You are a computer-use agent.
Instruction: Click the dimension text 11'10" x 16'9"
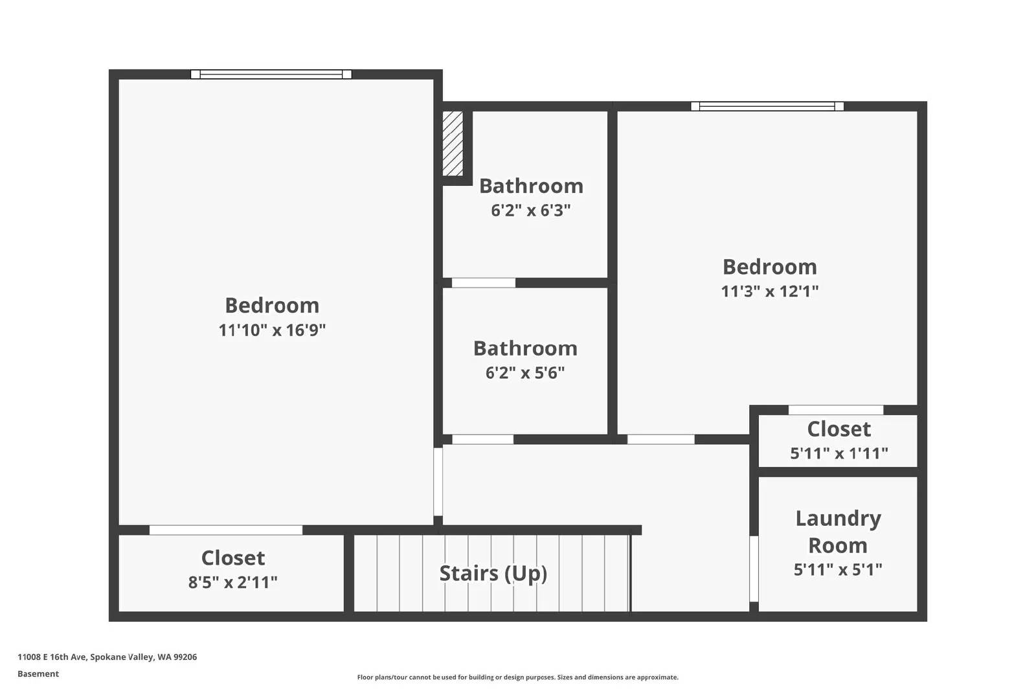(x=272, y=330)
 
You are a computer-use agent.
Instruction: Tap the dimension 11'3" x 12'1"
(x=770, y=291)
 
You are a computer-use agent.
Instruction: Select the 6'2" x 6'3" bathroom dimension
(x=531, y=210)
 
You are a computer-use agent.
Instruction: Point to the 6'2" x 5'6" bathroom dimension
(x=525, y=373)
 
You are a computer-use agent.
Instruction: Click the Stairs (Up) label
(x=493, y=573)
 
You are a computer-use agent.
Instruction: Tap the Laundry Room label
(x=838, y=532)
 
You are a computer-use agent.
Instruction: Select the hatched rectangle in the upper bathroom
(x=453, y=144)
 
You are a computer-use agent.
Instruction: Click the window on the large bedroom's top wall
(x=271, y=74)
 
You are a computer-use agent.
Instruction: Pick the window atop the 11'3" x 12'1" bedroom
(x=767, y=106)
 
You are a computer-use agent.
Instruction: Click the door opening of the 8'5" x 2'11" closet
(x=226, y=530)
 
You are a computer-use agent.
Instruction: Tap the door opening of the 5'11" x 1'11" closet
(x=836, y=410)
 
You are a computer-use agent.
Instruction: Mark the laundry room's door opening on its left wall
(x=754, y=569)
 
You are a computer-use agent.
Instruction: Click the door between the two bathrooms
(x=484, y=283)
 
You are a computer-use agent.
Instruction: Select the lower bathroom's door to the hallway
(x=483, y=440)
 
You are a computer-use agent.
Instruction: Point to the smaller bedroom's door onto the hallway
(x=661, y=440)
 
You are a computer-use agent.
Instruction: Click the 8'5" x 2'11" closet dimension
(x=233, y=582)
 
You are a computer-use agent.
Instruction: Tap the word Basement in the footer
(x=38, y=674)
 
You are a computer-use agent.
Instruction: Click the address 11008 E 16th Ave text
(x=107, y=657)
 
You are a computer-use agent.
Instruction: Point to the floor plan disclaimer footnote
(x=517, y=677)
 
